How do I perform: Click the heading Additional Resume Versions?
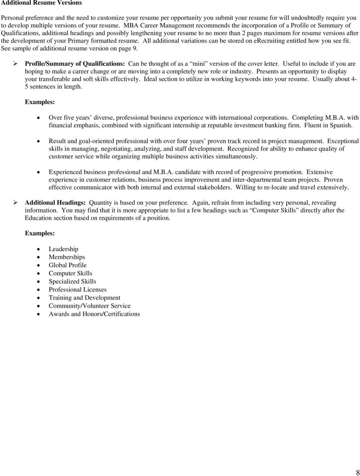pyautogui.click(x=42, y=3)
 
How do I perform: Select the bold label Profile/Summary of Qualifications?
pyautogui.click(x=75, y=64)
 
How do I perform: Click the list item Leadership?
pyautogui.click(x=63, y=249)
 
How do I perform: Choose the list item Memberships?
pyautogui.click(x=67, y=257)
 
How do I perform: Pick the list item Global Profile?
pyautogui.click(x=67, y=265)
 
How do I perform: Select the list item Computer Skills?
pyautogui.click(x=70, y=273)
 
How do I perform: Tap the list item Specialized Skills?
pyautogui.click(x=72, y=281)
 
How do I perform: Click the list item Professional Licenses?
pyautogui.click(x=78, y=290)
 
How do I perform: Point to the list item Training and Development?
pyautogui.click(x=84, y=298)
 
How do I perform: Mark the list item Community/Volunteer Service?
pyautogui.click(x=90, y=306)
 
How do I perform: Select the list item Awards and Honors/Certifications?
pyautogui.click(x=94, y=314)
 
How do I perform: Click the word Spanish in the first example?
pyautogui.click(x=341, y=126)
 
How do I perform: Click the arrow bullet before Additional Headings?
pyautogui.click(x=16, y=203)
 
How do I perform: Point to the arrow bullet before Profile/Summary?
pyautogui.click(x=16, y=64)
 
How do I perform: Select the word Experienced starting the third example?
pyautogui.click(x=65, y=172)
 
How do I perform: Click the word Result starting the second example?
pyautogui.click(x=57, y=141)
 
